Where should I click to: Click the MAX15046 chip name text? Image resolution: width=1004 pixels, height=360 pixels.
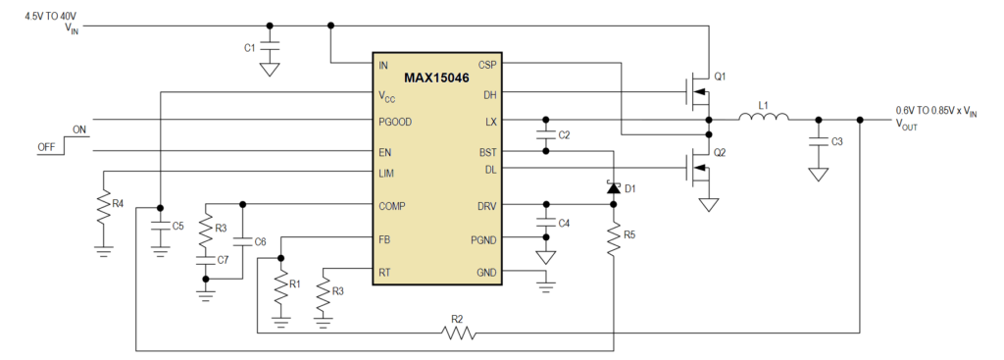pyautogui.click(x=436, y=77)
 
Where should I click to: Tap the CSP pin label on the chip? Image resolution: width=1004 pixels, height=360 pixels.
pyautogui.click(x=487, y=65)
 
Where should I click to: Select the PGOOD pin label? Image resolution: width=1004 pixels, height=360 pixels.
pyautogui.click(x=395, y=122)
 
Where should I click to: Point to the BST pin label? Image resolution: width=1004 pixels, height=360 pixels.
pyautogui.click(x=487, y=152)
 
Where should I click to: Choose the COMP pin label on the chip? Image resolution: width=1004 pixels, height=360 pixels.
pyautogui.click(x=394, y=206)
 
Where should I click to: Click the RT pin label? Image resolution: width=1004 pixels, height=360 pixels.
pyautogui.click(x=384, y=272)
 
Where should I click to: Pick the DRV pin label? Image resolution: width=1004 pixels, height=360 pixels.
pyautogui.click(x=485, y=206)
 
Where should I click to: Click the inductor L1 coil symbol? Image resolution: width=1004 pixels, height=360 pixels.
pyautogui.click(x=763, y=119)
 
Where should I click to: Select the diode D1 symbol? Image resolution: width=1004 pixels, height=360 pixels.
pyautogui.click(x=614, y=187)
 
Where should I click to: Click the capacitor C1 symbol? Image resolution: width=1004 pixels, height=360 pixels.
pyautogui.click(x=272, y=47)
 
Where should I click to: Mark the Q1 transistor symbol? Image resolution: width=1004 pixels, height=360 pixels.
pyautogui.click(x=700, y=93)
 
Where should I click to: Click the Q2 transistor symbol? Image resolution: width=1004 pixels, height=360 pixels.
pyautogui.click(x=700, y=169)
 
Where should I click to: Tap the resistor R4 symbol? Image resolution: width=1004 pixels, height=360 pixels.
pyautogui.click(x=103, y=208)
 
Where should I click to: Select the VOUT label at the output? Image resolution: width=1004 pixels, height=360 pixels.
pyautogui.click(x=909, y=124)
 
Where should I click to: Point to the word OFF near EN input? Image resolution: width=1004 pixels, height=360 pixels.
pyautogui.click(x=45, y=147)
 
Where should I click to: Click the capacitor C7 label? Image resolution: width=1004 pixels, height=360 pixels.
pyautogui.click(x=223, y=259)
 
